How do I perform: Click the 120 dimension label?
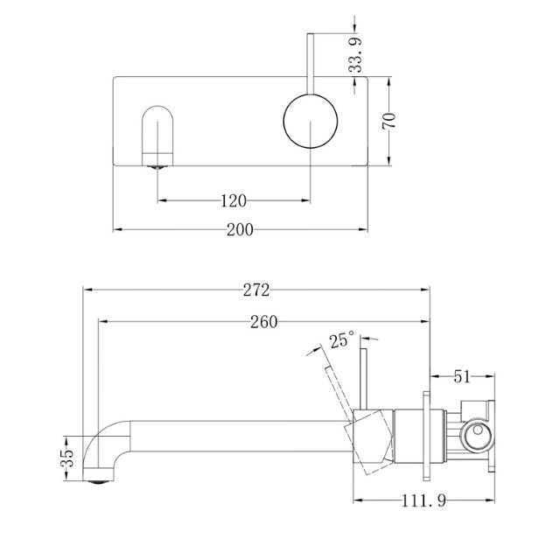[x=232, y=200]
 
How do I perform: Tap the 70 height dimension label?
[x=391, y=119]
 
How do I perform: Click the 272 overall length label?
[x=256, y=288]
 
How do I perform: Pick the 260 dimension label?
[x=263, y=321]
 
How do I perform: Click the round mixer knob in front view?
[x=308, y=122]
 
